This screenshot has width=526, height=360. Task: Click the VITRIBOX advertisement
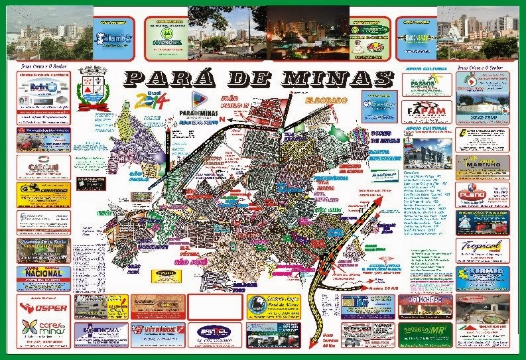pos(157,333)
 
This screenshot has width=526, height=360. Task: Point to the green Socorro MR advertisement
pos(424,333)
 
